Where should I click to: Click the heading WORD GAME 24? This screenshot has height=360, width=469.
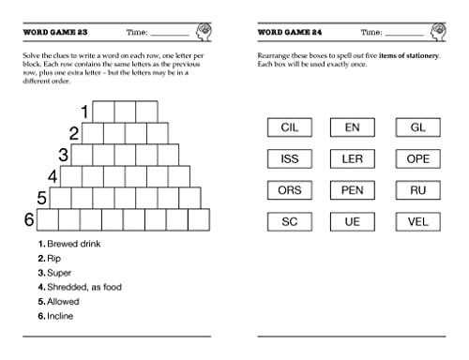[289, 32]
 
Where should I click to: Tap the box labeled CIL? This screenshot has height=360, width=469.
[289, 127]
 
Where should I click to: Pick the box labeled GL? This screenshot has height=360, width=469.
[417, 127]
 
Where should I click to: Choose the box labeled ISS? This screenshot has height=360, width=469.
[289, 159]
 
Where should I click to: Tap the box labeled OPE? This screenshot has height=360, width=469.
[417, 159]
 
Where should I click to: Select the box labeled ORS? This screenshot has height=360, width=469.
[289, 190]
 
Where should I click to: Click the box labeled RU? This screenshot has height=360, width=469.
[417, 190]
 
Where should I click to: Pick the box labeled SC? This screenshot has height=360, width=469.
[289, 222]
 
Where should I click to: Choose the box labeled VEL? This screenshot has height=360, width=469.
[417, 222]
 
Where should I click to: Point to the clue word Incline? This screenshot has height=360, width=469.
[62, 315]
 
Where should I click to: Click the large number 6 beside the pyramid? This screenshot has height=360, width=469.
[28, 219]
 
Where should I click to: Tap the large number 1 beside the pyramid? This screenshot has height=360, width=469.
[84, 112]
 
